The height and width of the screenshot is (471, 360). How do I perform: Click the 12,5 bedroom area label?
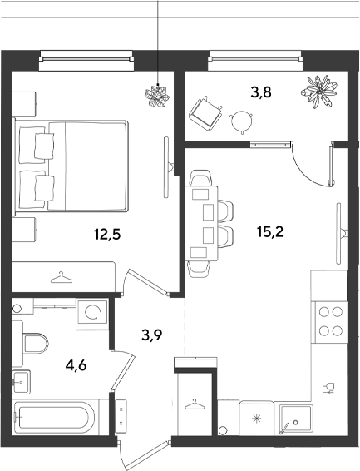[x=107, y=235]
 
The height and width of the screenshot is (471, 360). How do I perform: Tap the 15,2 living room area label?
[x=270, y=231]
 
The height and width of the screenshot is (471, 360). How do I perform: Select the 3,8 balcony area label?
[x=261, y=92]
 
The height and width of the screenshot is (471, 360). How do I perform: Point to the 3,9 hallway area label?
[x=152, y=335]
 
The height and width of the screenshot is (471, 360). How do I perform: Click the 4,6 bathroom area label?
[x=76, y=365]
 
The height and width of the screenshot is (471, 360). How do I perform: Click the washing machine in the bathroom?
[x=92, y=314]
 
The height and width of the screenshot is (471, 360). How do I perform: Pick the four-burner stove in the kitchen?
[x=331, y=322]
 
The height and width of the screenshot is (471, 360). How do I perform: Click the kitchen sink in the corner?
[x=296, y=419]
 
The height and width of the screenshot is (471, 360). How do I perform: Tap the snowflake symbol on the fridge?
[x=257, y=418]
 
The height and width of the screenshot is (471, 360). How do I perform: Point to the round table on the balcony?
[x=241, y=121]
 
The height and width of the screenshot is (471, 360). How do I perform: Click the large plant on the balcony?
[x=318, y=92]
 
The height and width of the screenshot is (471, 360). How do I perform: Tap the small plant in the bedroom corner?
[x=157, y=96]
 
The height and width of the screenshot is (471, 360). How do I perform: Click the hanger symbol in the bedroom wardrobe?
[x=62, y=278]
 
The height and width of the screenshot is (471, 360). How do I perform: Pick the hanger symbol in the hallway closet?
[x=194, y=404]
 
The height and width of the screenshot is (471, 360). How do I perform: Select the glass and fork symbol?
[x=328, y=389]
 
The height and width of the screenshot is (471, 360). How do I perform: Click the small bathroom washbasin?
[x=21, y=382]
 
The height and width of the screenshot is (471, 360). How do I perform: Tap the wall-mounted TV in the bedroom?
[x=168, y=167]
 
